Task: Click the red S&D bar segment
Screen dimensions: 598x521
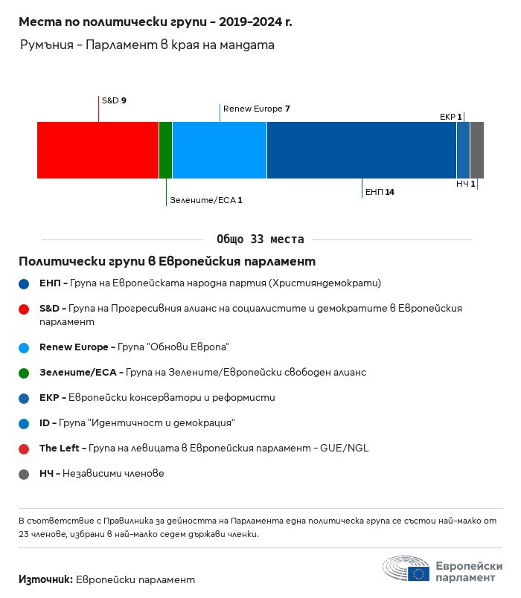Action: (98, 150)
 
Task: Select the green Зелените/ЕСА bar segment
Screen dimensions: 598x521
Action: (165, 150)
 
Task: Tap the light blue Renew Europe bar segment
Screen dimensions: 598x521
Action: (219, 150)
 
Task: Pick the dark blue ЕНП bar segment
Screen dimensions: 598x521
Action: (361, 150)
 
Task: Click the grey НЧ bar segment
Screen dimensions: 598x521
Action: (477, 150)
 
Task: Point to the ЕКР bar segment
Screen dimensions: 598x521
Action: (463, 150)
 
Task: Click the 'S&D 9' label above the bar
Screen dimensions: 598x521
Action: (114, 100)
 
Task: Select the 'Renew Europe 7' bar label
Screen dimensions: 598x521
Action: (256, 109)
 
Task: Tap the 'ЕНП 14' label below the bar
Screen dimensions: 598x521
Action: (380, 192)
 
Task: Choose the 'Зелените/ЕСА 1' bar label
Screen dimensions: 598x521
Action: (206, 200)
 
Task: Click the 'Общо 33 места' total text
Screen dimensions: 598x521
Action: (260, 239)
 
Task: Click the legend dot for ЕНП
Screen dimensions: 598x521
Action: (24, 283)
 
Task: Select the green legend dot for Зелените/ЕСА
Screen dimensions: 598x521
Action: (24, 373)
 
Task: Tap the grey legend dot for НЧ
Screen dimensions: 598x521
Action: (24, 474)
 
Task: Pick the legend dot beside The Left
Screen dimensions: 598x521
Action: (24, 448)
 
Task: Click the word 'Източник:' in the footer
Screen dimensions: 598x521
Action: (45, 579)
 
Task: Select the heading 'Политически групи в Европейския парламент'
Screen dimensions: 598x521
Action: (167, 262)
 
